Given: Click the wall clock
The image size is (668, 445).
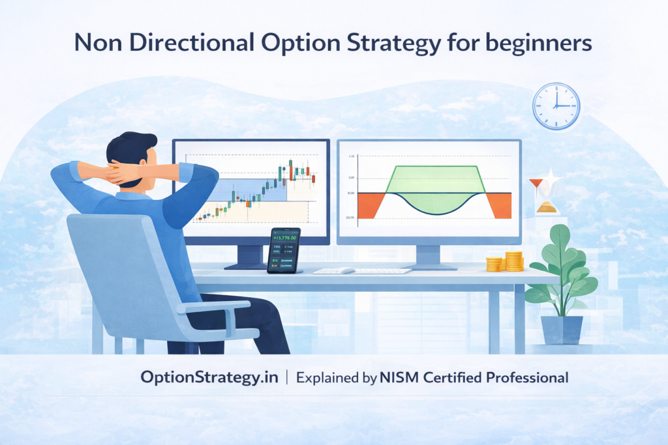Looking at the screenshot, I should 556,106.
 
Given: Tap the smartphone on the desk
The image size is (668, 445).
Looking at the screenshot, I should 284,250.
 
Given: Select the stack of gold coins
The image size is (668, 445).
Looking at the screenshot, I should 506,262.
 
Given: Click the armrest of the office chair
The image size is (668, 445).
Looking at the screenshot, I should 215,306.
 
